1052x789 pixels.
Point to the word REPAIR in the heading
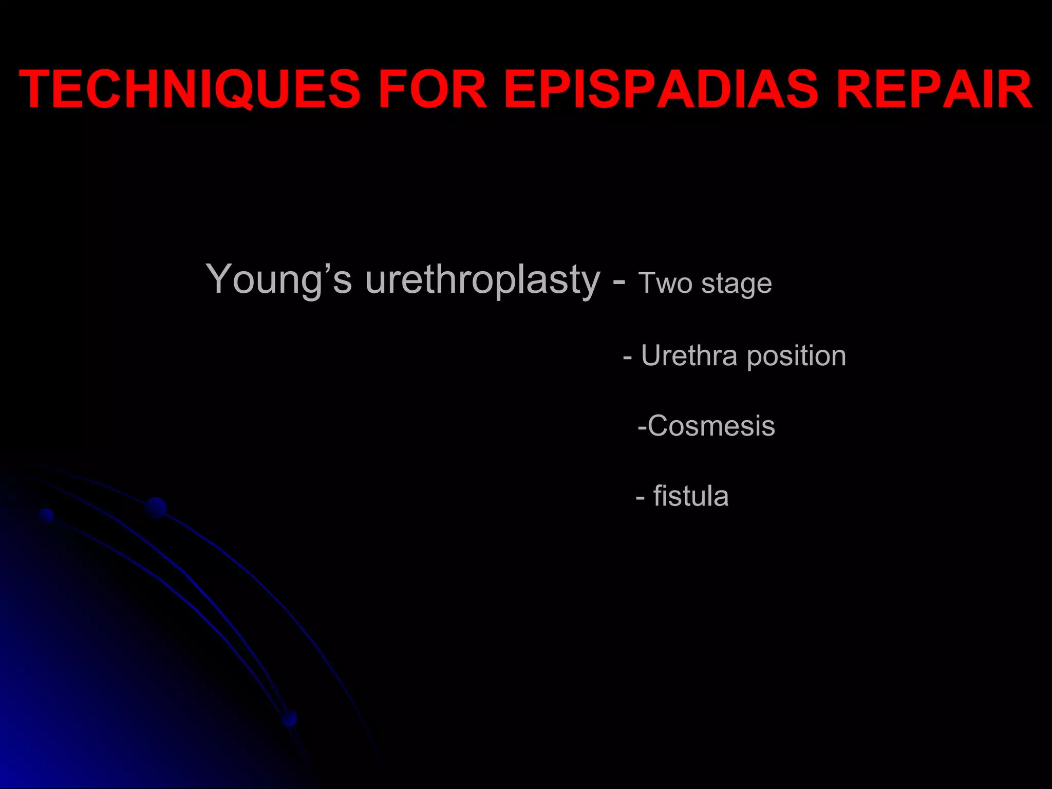[x=935, y=89]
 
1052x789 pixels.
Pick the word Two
[x=665, y=283]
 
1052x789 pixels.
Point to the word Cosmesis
[x=711, y=426]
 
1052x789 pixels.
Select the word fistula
[x=691, y=496]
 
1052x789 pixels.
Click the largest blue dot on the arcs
[x=156, y=508]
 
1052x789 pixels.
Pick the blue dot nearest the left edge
[x=47, y=515]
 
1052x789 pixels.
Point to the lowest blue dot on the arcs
[x=290, y=718]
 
